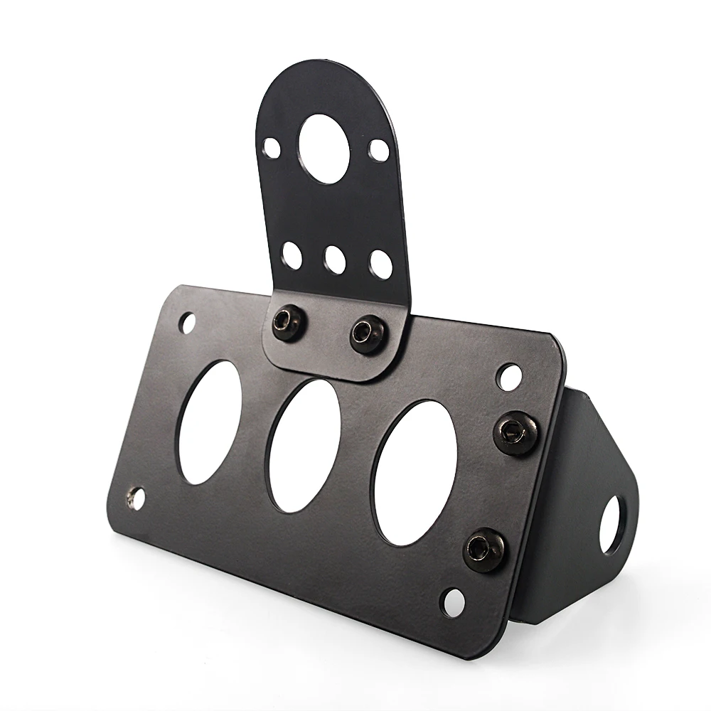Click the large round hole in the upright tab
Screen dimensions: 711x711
tap(324, 149)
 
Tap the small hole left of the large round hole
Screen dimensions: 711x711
tap(272, 147)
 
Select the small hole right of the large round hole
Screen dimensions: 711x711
tap(379, 150)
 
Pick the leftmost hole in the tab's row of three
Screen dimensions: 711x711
tap(292, 255)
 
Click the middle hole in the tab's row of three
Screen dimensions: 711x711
tap(335, 260)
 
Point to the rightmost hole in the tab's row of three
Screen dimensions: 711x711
tap(381, 264)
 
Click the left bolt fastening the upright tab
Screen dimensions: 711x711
tap(288, 323)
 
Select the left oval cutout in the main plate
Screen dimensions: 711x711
tap(209, 422)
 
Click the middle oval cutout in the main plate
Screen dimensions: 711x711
tap(304, 445)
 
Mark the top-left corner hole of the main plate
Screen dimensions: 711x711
tap(187, 323)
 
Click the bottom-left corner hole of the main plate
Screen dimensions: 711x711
tap(135, 498)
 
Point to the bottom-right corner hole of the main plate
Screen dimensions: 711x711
tap(452, 602)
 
